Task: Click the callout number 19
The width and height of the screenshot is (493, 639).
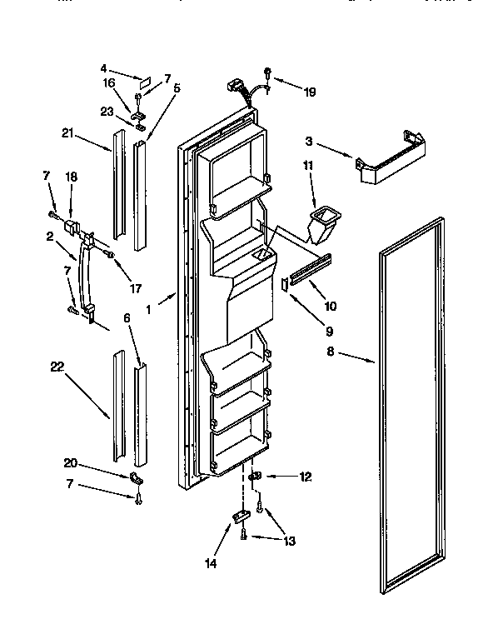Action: coord(310,92)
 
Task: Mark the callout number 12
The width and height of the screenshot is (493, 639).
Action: coord(306,477)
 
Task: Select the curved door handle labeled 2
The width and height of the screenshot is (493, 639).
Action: coord(84,271)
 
